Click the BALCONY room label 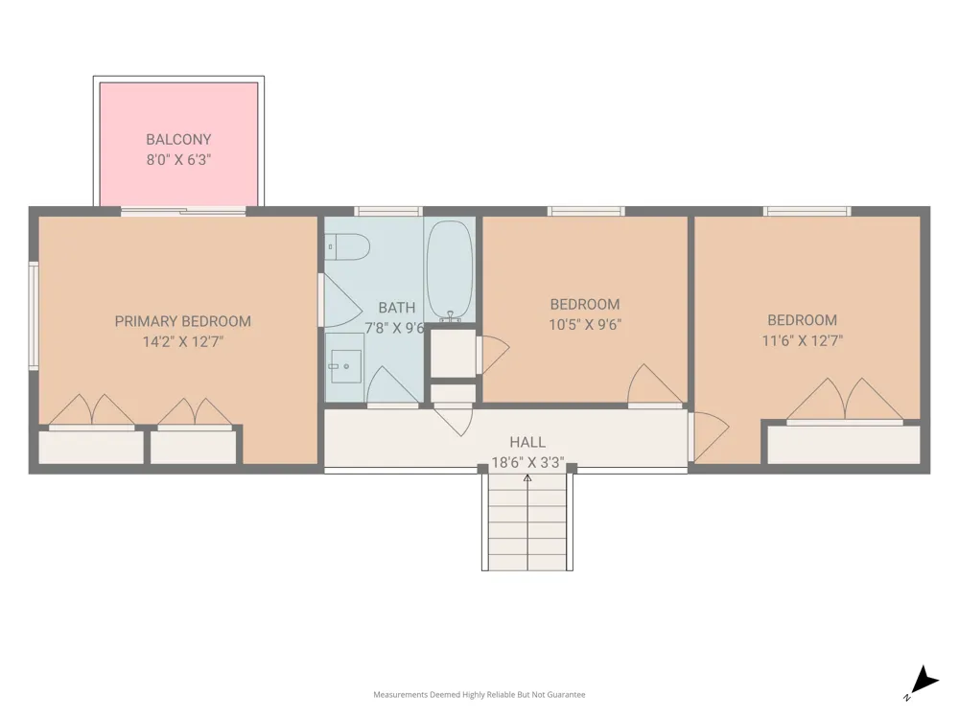[178, 139]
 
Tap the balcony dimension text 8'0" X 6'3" [178, 159]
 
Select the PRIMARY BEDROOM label [183, 321]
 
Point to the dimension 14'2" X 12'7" [183, 341]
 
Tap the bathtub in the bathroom [450, 271]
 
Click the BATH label [396, 308]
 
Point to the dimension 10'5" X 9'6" [585, 324]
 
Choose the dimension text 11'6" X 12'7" [802, 340]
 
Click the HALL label [527, 442]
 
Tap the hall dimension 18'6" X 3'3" [527, 462]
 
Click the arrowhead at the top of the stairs [527, 477]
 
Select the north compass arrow [924, 681]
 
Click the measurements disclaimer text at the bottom [479, 694]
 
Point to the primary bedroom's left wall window [34, 315]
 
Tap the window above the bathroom [388, 212]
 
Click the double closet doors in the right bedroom [845, 401]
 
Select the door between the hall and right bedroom [709, 436]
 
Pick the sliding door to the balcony [183, 212]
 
